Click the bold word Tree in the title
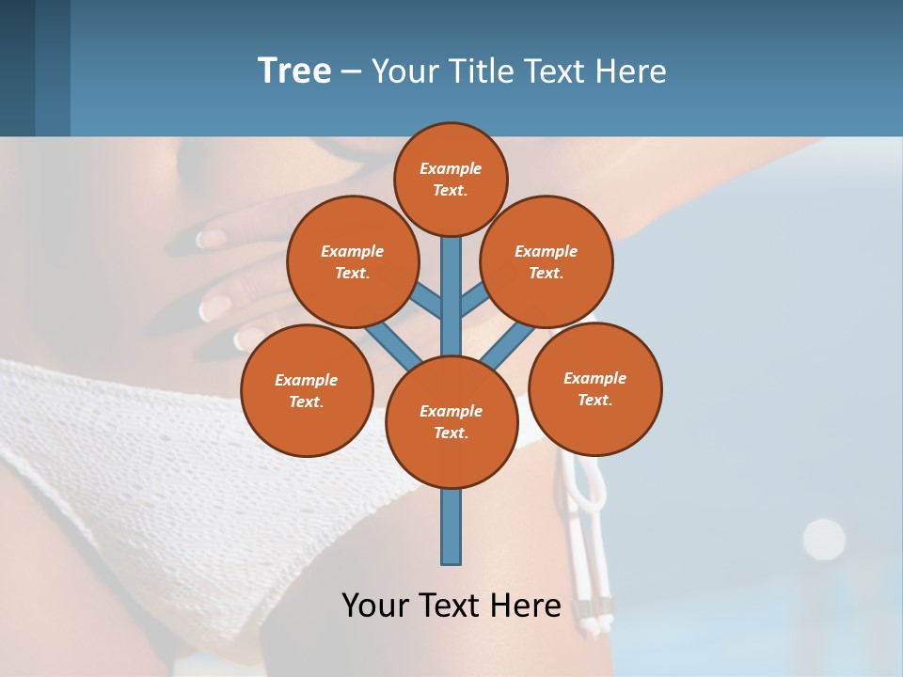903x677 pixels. [x=294, y=71]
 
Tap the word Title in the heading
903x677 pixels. [x=480, y=71]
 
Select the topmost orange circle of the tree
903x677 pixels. [x=451, y=179]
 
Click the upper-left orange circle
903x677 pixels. [x=353, y=261]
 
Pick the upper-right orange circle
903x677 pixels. [x=547, y=261]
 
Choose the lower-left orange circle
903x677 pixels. [x=307, y=390]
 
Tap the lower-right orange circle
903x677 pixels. [x=594, y=388]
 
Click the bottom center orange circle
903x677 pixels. [x=451, y=422]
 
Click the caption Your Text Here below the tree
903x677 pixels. [x=451, y=606]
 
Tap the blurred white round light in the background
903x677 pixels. [x=824, y=539]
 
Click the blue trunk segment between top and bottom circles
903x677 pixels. [x=451, y=291]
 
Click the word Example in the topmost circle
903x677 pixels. [x=451, y=169]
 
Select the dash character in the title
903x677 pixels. [x=351, y=71]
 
